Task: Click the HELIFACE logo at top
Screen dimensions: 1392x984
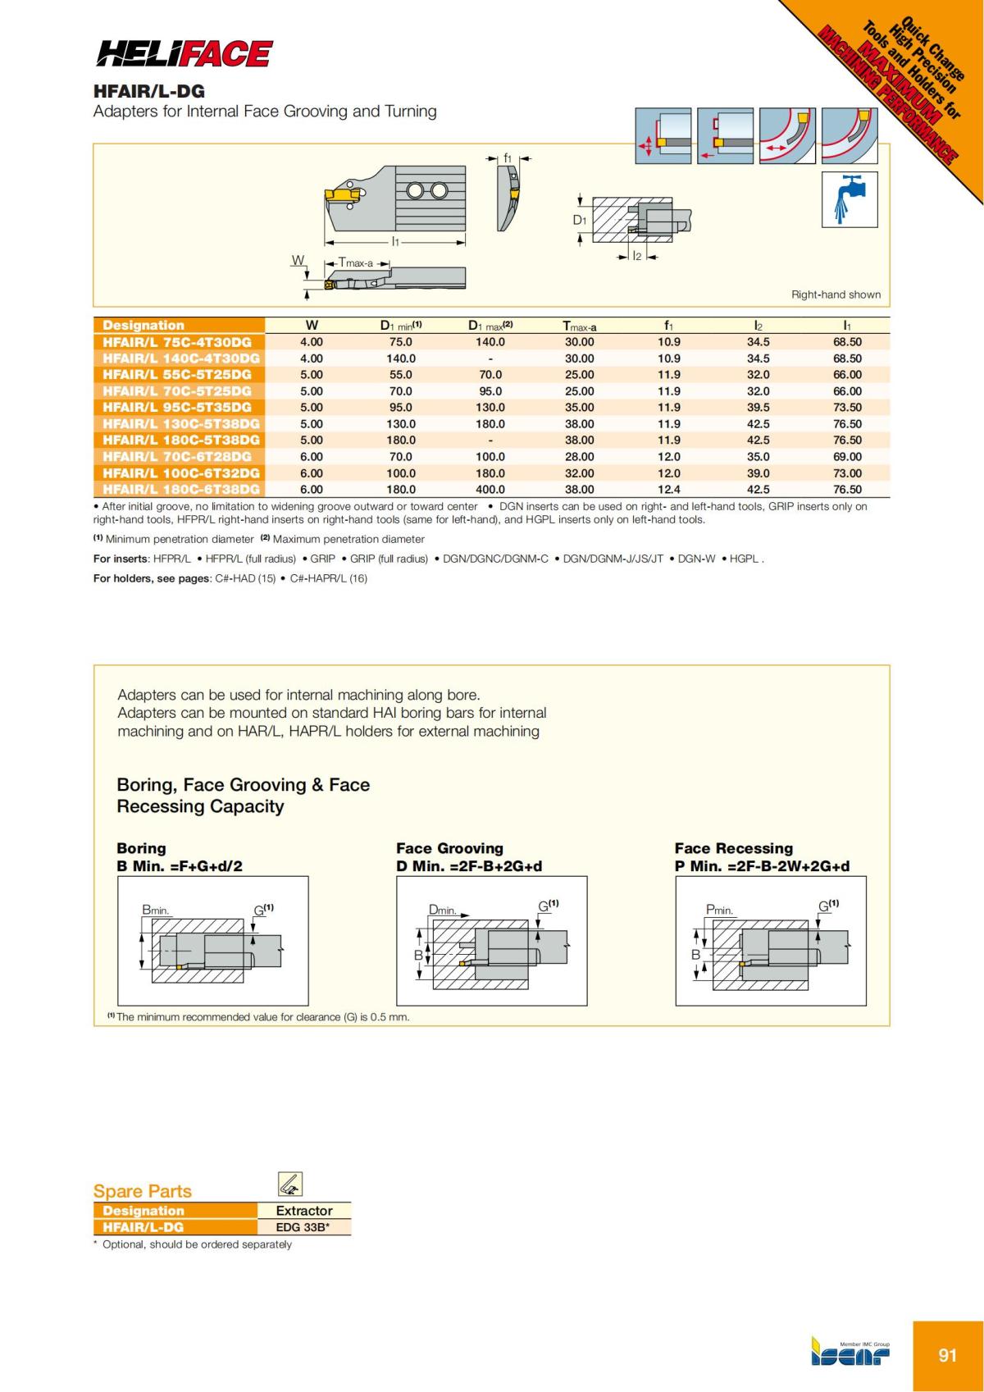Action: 184,54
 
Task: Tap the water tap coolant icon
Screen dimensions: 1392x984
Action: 850,199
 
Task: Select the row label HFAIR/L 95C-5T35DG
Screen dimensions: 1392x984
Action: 178,408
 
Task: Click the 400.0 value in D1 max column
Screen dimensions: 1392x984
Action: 490,490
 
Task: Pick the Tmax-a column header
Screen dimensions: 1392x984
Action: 579,326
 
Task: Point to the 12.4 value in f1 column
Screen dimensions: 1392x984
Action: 668,490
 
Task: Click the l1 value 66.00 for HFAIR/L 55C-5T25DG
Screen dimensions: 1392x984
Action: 847,375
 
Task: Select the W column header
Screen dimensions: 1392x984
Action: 312,326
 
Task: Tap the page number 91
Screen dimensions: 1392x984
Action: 947,1355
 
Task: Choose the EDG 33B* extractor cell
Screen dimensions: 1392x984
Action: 304,1228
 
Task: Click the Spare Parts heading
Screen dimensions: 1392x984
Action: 143,1191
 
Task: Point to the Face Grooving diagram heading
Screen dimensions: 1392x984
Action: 449,848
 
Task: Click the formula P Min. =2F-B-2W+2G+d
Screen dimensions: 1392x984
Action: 762,866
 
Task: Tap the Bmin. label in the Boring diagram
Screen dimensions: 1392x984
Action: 156,911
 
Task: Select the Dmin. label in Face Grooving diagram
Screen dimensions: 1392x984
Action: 444,911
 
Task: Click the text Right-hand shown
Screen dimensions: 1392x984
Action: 836,294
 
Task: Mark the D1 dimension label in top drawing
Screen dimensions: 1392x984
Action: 580,220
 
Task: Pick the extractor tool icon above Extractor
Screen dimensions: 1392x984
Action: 290,1184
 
